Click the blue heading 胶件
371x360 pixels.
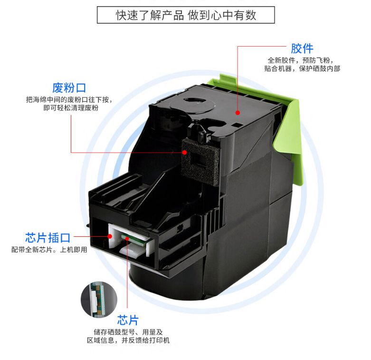click(302, 49)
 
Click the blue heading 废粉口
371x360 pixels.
click(69, 88)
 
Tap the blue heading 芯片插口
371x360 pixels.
click(48, 238)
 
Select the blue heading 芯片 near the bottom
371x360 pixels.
click(128, 320)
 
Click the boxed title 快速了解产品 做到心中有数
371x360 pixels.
click(186, 15)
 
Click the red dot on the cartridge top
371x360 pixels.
click(238, 113)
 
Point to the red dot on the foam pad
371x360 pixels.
click(185, 152)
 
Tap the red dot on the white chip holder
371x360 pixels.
click(110, 236)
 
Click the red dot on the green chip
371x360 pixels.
click(127, 239)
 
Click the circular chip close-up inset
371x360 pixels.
click(99, 300)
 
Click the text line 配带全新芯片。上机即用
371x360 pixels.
click(49, 250)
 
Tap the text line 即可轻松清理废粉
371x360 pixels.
click(71, 108)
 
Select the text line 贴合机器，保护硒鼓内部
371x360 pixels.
click(302, 68)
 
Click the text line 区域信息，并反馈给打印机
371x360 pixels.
click(128, 341)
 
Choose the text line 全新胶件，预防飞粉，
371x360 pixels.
click(301, 60)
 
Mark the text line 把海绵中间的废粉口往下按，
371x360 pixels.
click(69, 100)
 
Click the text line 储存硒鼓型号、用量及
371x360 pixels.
click(128, 332)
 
